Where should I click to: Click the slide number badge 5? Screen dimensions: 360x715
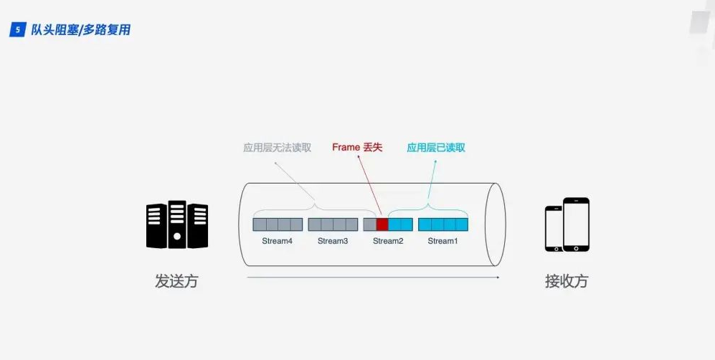[16, 30]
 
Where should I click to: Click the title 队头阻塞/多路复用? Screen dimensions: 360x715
[80, 30]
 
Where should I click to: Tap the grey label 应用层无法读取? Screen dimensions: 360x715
[277, 148]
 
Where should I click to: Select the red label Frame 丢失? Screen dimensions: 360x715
[357, 148]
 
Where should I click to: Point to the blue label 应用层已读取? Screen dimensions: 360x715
[436, 148]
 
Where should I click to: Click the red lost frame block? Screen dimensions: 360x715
[382, 224]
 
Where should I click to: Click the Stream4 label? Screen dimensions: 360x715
[277, 241]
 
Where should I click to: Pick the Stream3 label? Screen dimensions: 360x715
[333, 241]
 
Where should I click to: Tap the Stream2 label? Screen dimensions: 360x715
[388, 241]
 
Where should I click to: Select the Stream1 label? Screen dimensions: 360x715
[442, 241]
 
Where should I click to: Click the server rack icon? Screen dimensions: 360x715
[177, 224]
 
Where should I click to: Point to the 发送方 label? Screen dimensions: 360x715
[176, 281]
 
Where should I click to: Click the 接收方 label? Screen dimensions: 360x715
[566, 281]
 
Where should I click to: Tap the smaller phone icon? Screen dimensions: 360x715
[554, 229]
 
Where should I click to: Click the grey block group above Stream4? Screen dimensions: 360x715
[278, 224]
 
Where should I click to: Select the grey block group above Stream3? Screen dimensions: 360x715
[333, 224]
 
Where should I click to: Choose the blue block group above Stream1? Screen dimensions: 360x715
[443, 224]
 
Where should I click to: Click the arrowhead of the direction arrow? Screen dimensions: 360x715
[497, 277]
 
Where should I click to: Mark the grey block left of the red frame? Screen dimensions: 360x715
[370, 224]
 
